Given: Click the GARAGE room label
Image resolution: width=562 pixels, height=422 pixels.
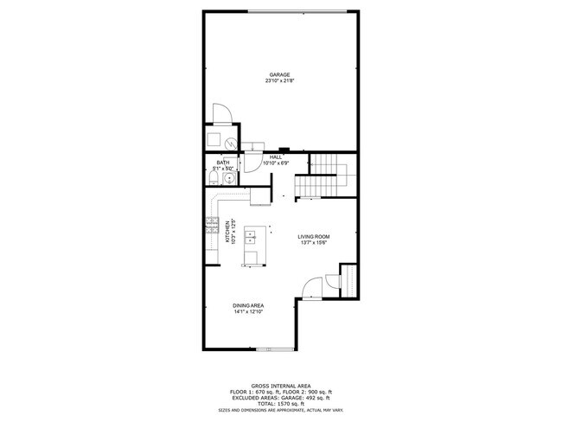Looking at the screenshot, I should (x=278, y=74).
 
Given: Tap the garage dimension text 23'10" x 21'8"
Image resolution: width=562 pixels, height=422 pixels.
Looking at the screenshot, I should (x=278, y=81).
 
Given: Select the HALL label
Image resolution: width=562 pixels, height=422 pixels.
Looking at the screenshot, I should (x=275, y=157).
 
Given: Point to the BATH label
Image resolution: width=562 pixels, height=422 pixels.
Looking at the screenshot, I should (x=223, y=162).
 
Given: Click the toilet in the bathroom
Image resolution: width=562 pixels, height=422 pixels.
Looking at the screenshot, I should (x=213, y=179).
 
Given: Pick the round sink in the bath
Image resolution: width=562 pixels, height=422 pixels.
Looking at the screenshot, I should (x=228, y=179).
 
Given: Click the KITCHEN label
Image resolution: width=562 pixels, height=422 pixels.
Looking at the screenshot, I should (x=227, y=232).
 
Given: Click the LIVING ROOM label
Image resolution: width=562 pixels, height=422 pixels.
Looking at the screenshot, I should (x=315, y=236).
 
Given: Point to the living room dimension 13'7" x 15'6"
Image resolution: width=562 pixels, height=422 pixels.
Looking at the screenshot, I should (x=315, y=243).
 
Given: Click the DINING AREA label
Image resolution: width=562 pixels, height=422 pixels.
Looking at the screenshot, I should (x=248, y=305).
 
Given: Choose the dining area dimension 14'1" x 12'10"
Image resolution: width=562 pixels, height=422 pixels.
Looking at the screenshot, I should (x=248, y=312).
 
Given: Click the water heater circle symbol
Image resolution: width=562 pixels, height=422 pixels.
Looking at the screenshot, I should (x=230, y=143).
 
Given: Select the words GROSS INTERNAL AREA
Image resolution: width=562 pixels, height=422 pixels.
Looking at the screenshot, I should (x=282, y=386).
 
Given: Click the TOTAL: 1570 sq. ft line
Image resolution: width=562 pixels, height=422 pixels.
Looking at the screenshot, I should (x=282, y=404).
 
